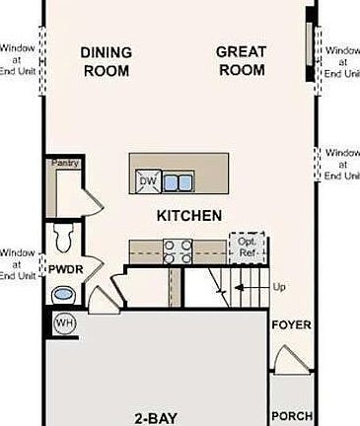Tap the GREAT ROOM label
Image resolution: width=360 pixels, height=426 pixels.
pyautogui.click(x=241, y=60)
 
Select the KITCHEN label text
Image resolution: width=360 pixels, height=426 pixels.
pyautogui.click(x=188, y=215)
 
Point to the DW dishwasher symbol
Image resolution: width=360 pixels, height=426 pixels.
pyautogui.click(x=147, y=180)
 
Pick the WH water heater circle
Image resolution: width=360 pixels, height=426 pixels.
pyautogui.click(x=63, y=322)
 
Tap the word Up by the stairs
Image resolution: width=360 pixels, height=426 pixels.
pyautogui.click(x=278, y=287)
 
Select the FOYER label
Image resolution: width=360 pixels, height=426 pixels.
pyautogui.click(x=292, y=321)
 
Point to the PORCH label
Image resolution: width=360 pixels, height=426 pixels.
pyautogui.click(x=292, y=415)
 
